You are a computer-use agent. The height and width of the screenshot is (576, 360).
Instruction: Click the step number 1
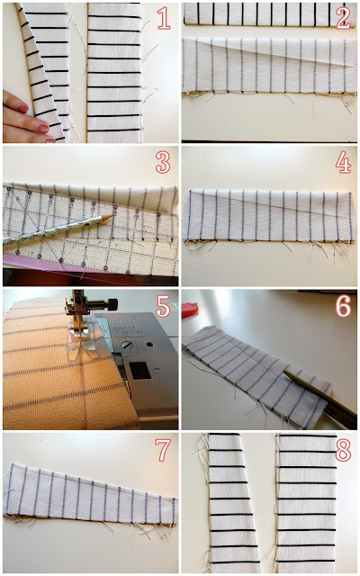click(x=164, y=18)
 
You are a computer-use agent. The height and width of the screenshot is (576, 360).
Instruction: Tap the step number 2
click(x=343, y=18)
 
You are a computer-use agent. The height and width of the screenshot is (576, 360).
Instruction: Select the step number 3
click(x=163, y=162)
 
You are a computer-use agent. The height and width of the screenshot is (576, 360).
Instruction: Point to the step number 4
click(x=343, y=162)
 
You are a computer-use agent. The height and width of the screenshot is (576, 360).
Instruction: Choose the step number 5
click(x=163, y=306)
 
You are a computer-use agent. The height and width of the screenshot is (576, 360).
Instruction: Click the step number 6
click(x=343, y=306)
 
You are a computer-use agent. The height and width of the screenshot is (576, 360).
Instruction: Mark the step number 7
click(x=163, y=450)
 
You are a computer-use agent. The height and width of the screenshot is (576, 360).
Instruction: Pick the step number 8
click(x=343, y=450)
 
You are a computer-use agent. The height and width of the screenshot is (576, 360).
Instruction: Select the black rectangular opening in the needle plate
click(x=140, y=371)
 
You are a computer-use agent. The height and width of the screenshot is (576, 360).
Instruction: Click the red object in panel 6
click(x=190, y=310)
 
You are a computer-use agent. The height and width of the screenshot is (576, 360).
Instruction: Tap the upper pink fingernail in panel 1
click(x=22, y=109)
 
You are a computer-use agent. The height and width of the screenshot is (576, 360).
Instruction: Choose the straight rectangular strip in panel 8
click(x=307, y=503)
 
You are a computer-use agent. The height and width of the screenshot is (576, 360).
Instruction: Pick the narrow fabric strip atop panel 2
click(x=270, y=14)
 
